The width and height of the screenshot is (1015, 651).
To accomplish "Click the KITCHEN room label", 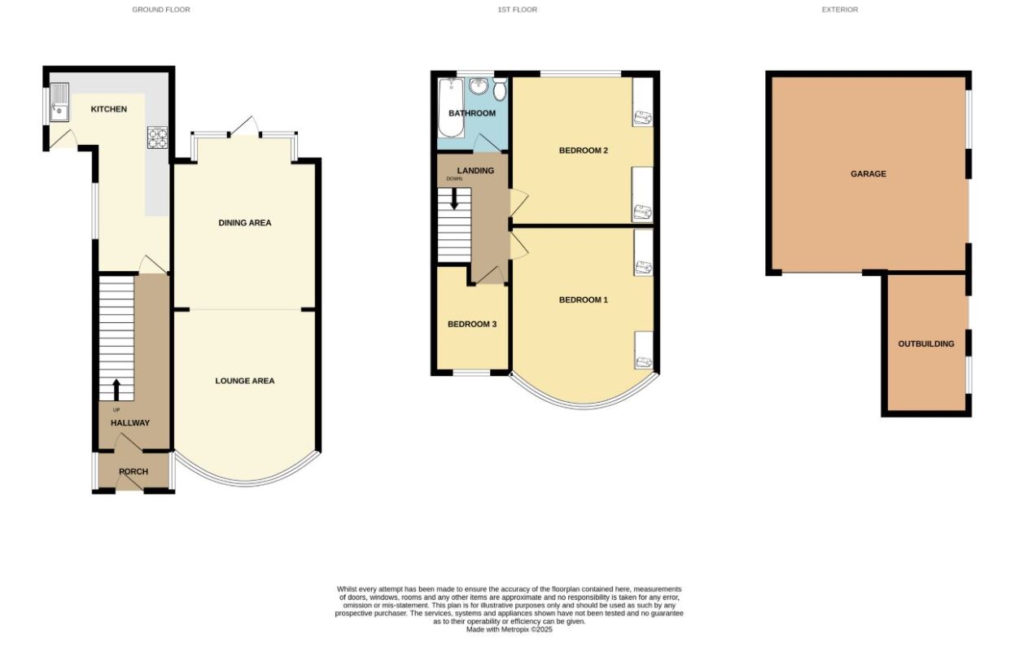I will pos(108,109).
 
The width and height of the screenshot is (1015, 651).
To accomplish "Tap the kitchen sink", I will pos(59,104).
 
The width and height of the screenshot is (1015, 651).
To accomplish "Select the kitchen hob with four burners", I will pos(156,138).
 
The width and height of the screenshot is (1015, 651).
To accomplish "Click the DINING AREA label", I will pos(244,223).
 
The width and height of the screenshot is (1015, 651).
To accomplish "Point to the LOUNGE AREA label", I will pos(244,381).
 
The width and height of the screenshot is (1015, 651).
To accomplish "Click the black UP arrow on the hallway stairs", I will pos(116,389).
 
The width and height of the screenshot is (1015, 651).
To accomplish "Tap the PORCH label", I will pos(133,472).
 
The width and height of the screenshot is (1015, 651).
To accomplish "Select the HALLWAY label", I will pos(130,423).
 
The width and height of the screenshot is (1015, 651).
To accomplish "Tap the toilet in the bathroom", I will pos(500,89).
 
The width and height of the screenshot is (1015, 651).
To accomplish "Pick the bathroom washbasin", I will pos(479,85).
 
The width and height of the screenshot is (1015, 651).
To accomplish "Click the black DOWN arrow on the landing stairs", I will pos(454,199).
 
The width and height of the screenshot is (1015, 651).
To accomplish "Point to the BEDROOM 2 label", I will pos(584,151).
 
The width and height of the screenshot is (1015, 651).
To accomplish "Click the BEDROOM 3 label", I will pos(472,324).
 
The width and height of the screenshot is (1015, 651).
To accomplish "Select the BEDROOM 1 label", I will pos(583,300).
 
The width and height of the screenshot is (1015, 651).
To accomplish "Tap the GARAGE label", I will pos(868,174).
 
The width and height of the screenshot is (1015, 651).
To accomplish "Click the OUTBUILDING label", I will pos(925,344).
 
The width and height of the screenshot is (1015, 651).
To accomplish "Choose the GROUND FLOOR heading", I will pos(161,10).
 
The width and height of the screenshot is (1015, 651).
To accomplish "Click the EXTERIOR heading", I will pos(839,10).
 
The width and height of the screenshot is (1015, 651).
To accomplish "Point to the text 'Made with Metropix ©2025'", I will pos(509,629).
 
